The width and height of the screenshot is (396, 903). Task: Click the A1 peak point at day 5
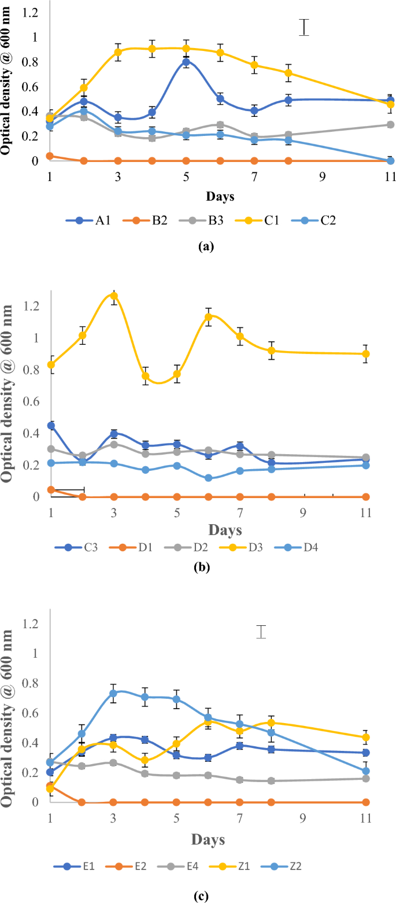(x=186, y=62)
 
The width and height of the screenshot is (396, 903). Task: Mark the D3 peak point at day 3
(x=114, y=296)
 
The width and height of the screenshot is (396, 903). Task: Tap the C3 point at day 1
(x=51, y=425)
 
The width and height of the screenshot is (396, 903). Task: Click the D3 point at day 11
(x=366, y=353)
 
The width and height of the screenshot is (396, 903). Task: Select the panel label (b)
(x=201, y=567)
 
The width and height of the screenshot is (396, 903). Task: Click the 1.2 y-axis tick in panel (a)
(x=32, y=12)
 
